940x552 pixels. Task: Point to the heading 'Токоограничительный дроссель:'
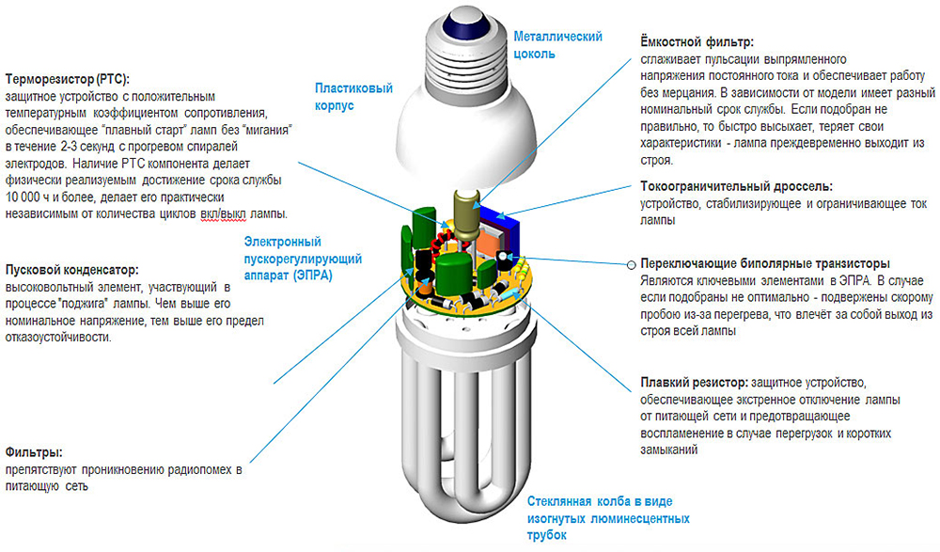point(736,185)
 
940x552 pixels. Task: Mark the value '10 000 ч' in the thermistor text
point(28,196)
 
